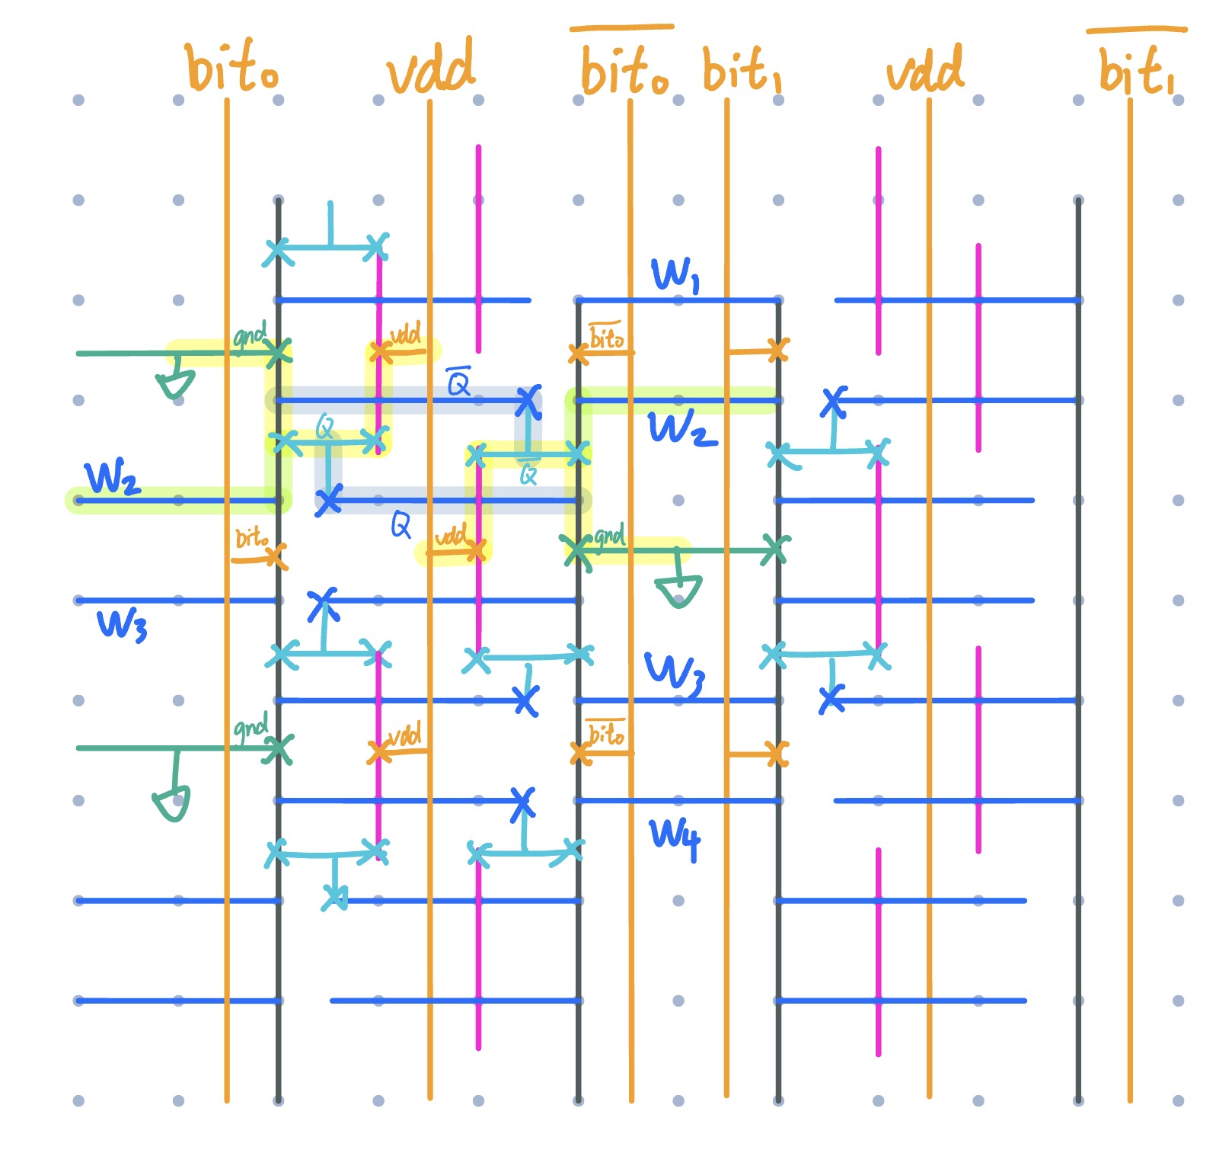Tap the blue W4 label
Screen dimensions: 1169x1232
pos(675,837)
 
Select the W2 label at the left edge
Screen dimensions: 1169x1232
pos(112,479)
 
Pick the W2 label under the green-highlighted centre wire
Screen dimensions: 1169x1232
pos(681,428)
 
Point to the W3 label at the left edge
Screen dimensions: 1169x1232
pos(122,623)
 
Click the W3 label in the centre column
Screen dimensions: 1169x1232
pos(675,672)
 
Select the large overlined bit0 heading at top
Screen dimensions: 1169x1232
pos(624,70)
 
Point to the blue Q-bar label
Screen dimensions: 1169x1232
pos(458,381)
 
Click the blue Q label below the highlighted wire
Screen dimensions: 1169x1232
pos(401,524)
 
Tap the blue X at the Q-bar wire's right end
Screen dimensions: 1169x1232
pos(528,401)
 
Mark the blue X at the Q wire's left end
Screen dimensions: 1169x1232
pos(329,501)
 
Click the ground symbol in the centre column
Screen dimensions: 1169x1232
pos(678,591)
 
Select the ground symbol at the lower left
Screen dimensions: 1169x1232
pos(172,804)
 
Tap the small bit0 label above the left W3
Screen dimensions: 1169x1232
pos(251,538)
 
